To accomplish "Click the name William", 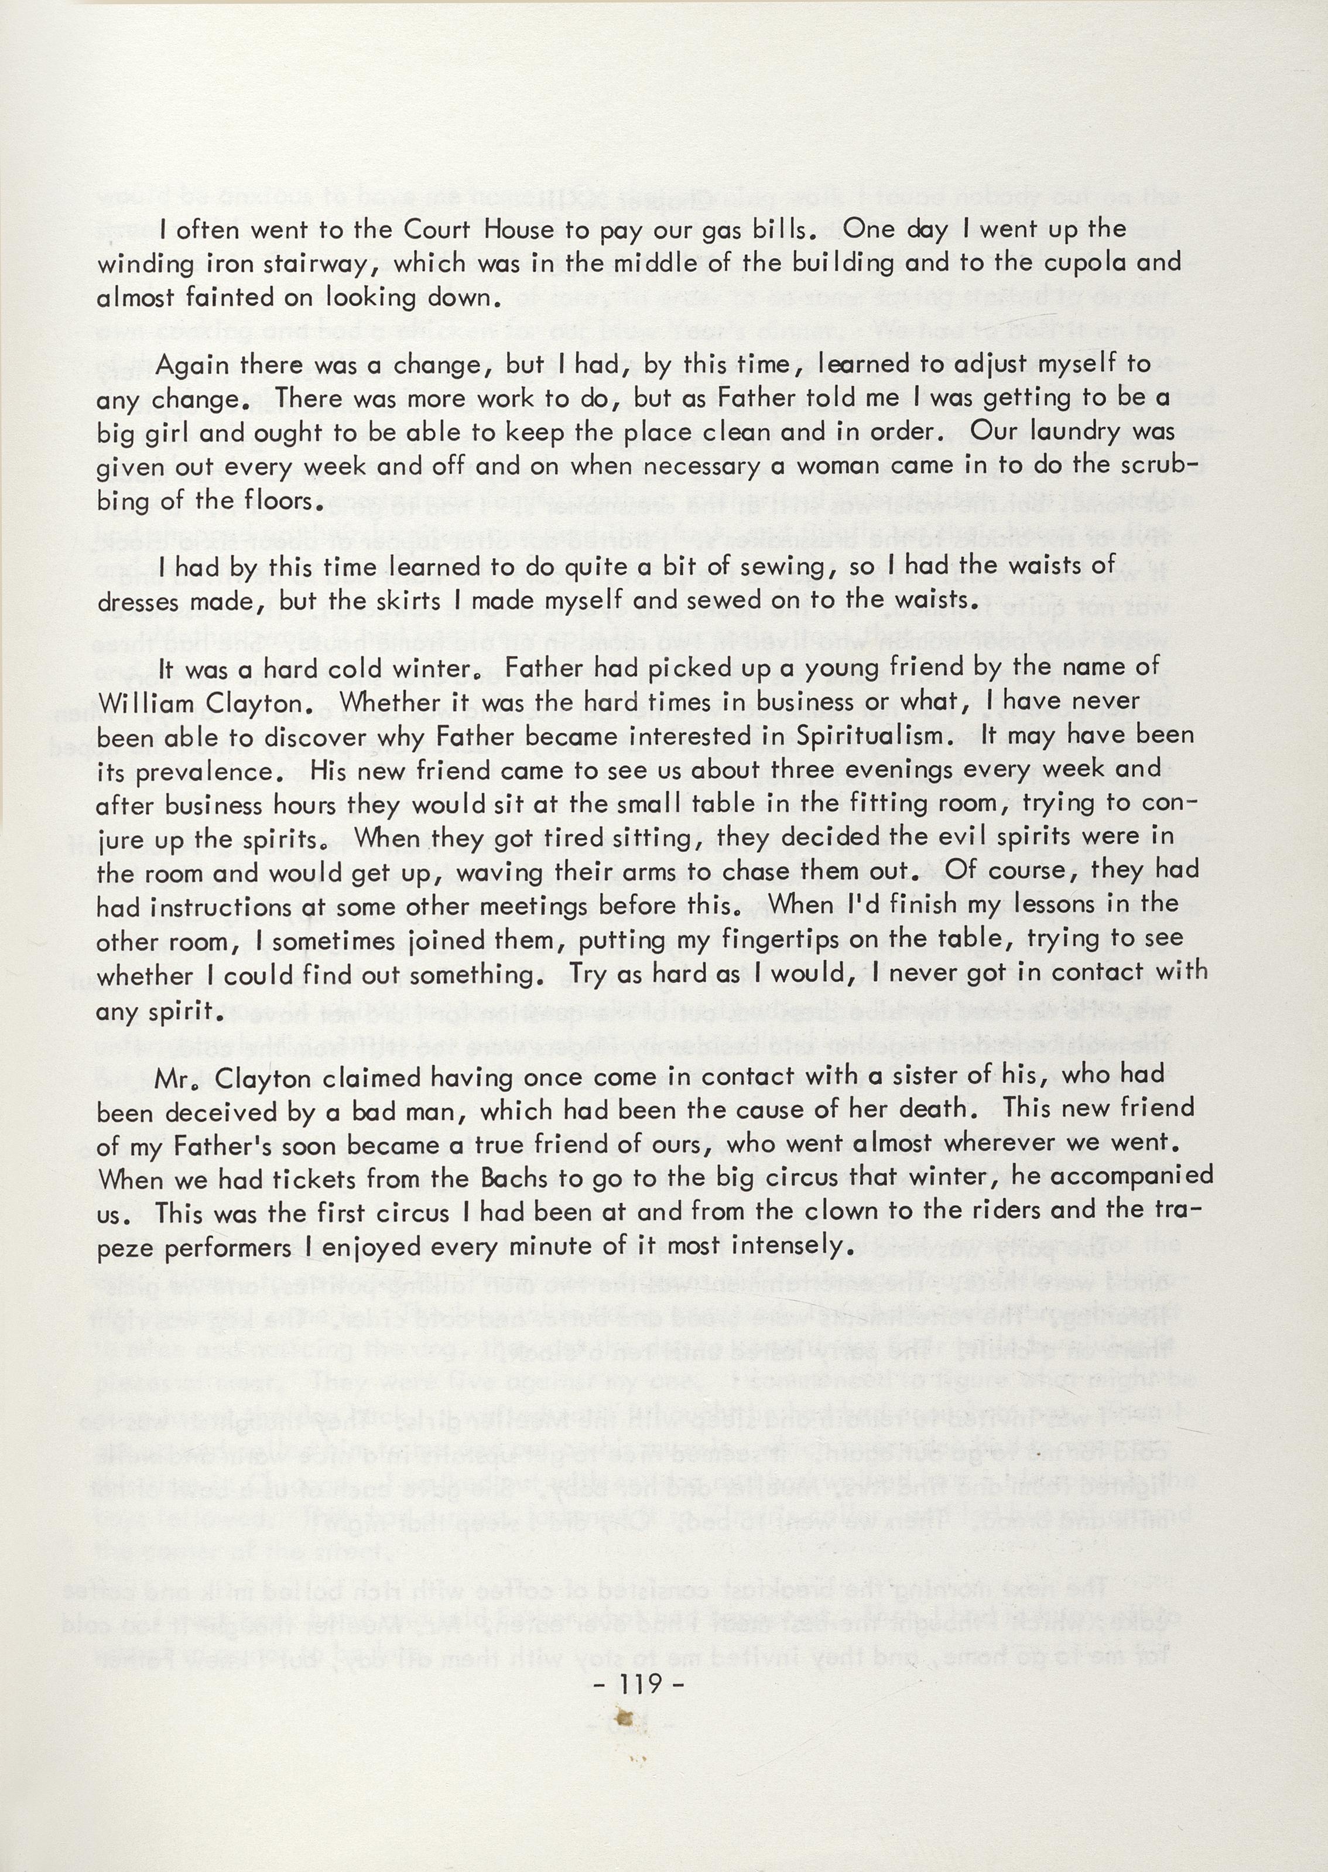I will coord(146,702).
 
